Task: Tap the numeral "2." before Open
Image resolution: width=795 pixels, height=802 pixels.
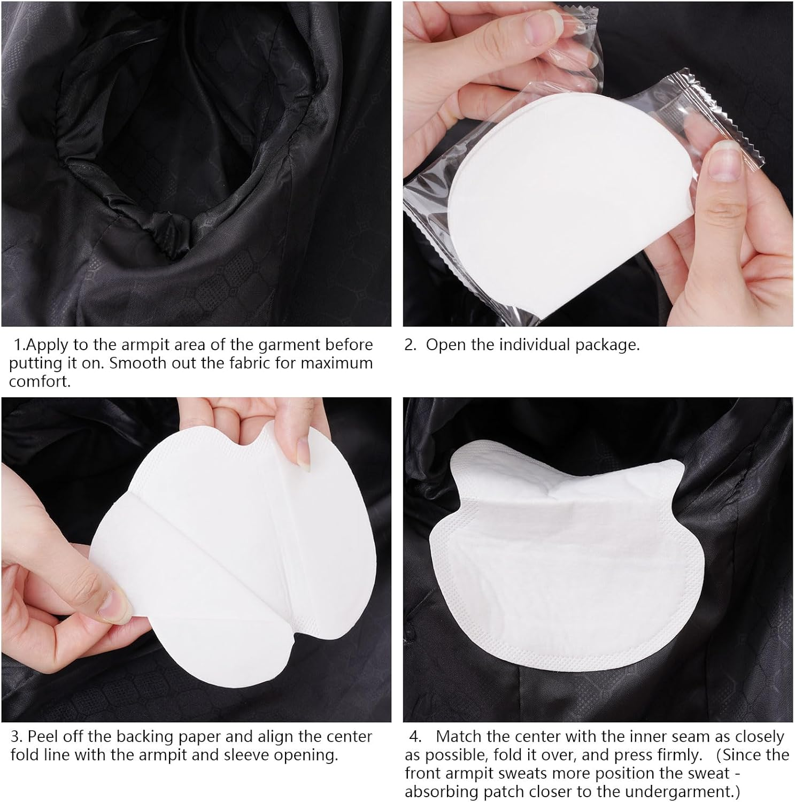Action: point(410,345)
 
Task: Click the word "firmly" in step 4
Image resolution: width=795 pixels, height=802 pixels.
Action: point(676,755)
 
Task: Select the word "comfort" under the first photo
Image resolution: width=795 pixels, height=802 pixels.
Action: point(38,382)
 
